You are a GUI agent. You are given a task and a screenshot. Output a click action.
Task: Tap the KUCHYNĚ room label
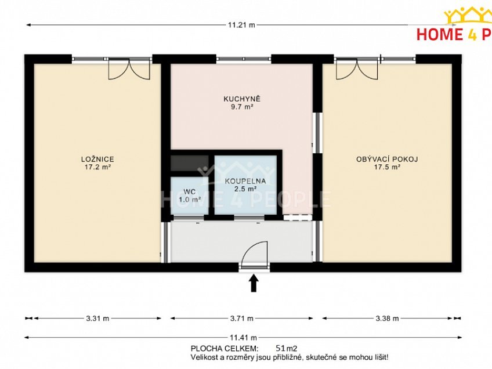242,99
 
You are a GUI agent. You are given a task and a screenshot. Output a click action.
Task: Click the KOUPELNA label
245,180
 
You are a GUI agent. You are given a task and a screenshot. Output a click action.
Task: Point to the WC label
190,191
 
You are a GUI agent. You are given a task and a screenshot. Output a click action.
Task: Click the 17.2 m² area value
97,167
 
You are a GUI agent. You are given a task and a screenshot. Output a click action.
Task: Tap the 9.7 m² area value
242,107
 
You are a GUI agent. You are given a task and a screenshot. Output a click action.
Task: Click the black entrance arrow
254,283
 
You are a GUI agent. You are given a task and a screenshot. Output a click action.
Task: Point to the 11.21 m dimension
242,25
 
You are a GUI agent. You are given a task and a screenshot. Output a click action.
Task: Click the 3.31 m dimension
97,318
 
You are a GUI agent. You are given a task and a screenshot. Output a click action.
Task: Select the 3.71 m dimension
242,318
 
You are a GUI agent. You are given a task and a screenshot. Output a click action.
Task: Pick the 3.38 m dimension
387,318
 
